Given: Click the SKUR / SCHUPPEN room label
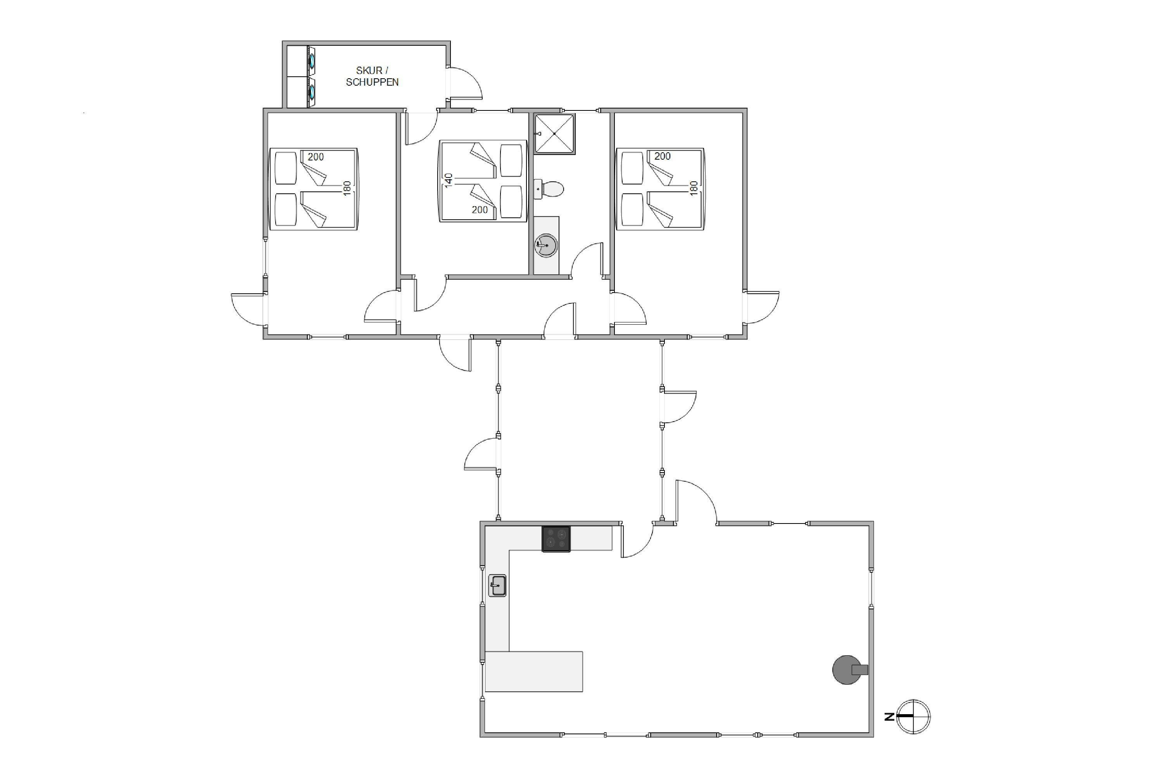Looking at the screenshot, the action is (x=372, y=76).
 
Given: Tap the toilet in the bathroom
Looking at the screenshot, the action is (x=549, y=189).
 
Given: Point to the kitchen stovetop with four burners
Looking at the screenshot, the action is (x=556, y=539).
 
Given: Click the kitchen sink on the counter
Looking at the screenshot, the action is (x=497, y=586).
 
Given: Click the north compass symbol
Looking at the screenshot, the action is (x=913, y=716).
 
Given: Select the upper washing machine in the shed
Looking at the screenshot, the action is (x=312, y=61).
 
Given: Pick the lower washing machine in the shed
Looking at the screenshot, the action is (x=312, y=92).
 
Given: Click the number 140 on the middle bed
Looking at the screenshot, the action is (x=449, y=180).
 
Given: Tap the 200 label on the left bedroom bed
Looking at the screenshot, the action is (x=316, y=157).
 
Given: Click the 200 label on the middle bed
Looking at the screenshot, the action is (x=480, y=210).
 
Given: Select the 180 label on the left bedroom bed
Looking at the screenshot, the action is (x=347, y=188).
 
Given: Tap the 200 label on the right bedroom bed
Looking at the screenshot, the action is (x=662, y=156).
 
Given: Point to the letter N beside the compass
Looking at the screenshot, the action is (x=889, y=716).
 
